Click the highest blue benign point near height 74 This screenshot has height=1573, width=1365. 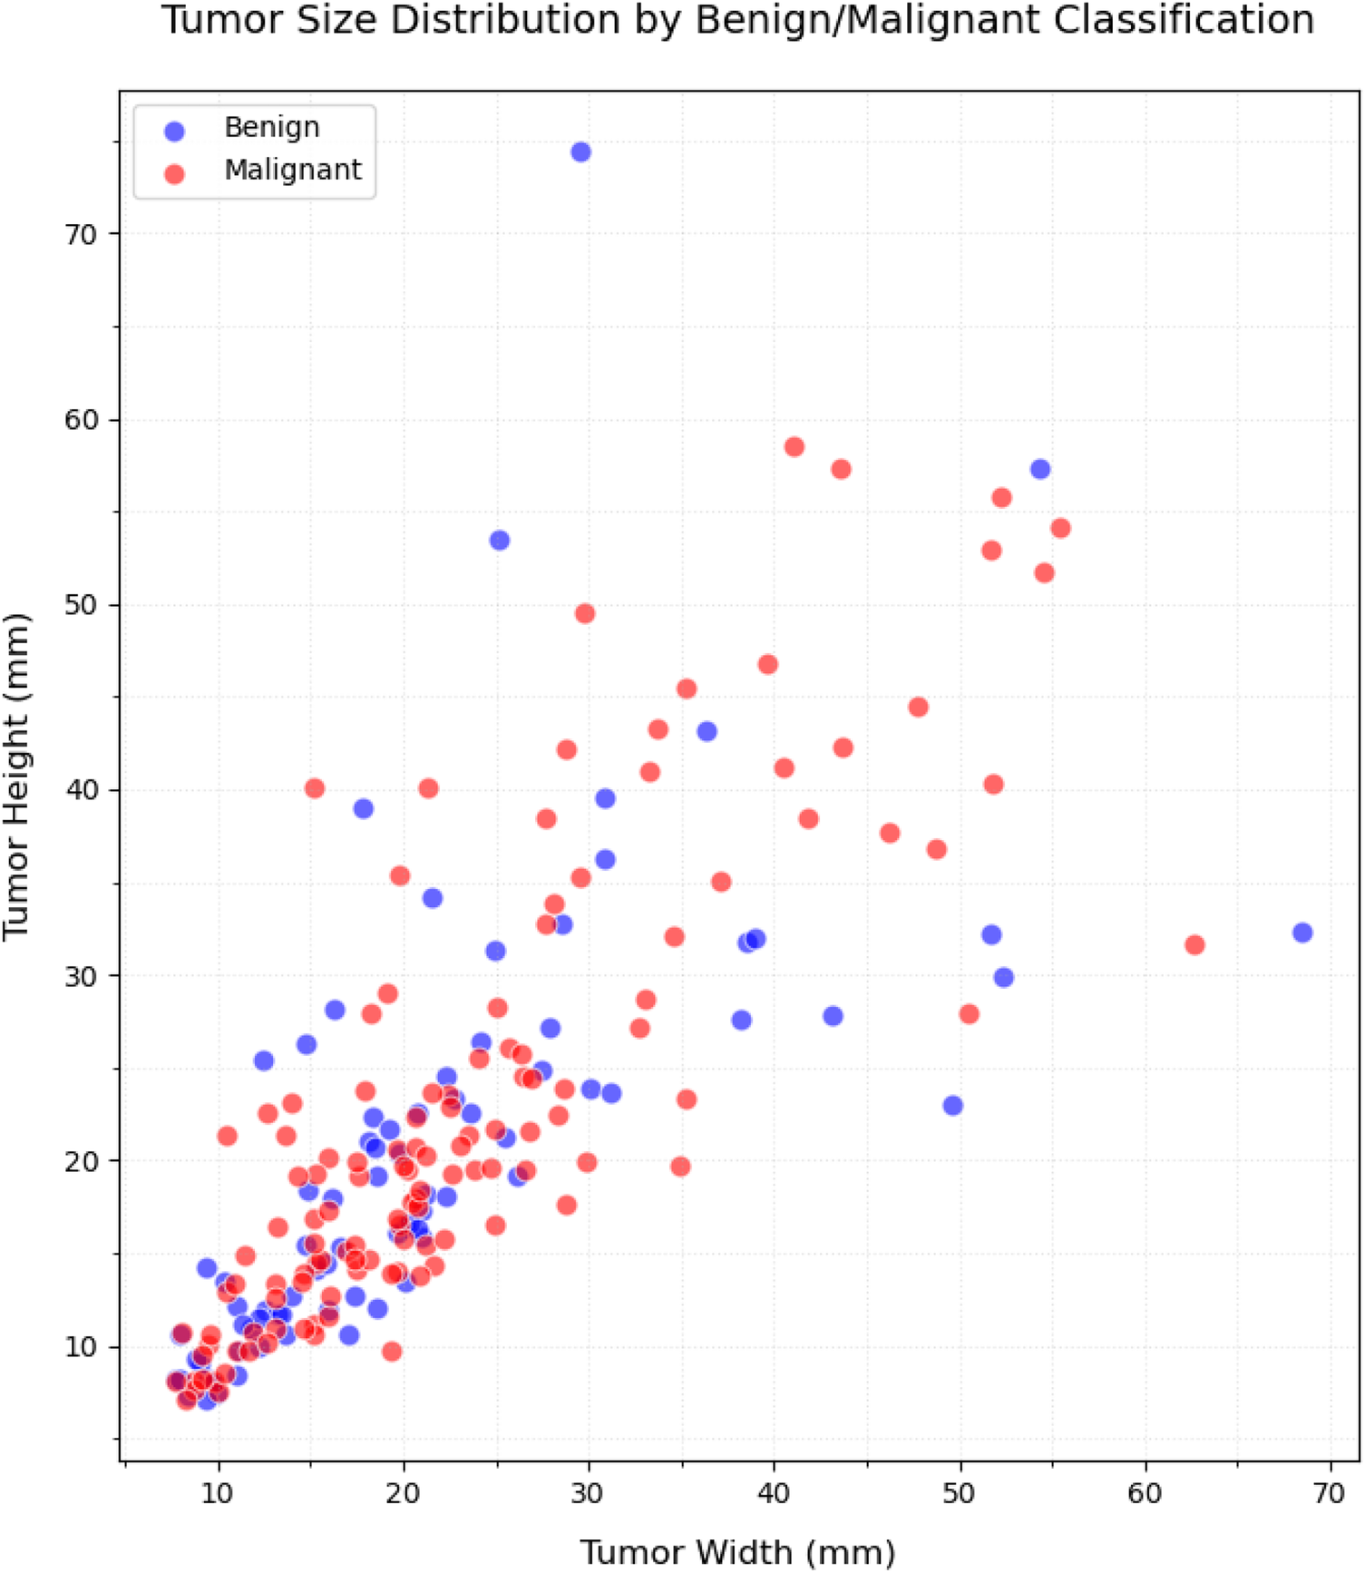(580, 151)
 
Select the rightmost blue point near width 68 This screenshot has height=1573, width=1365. (1302, 933)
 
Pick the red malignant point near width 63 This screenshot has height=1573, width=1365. (1194, 945)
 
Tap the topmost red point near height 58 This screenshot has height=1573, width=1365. (795, 446)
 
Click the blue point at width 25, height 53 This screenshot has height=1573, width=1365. (499, 541)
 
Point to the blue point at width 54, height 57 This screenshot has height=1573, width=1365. (1040, 469)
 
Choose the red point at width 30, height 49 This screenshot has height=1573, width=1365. (585, 614)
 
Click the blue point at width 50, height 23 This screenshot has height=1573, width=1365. (952, 1106)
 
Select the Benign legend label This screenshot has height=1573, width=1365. (272, 127)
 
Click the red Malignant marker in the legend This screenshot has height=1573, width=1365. (174, 172)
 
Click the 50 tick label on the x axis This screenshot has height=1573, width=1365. (960, 1493)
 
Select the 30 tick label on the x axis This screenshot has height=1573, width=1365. (588, 1493)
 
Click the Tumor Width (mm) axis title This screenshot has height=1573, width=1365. (737, 1552)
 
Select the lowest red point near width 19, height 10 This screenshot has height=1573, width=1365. (392, 1352)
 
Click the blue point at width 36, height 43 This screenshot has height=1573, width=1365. (707, 731)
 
